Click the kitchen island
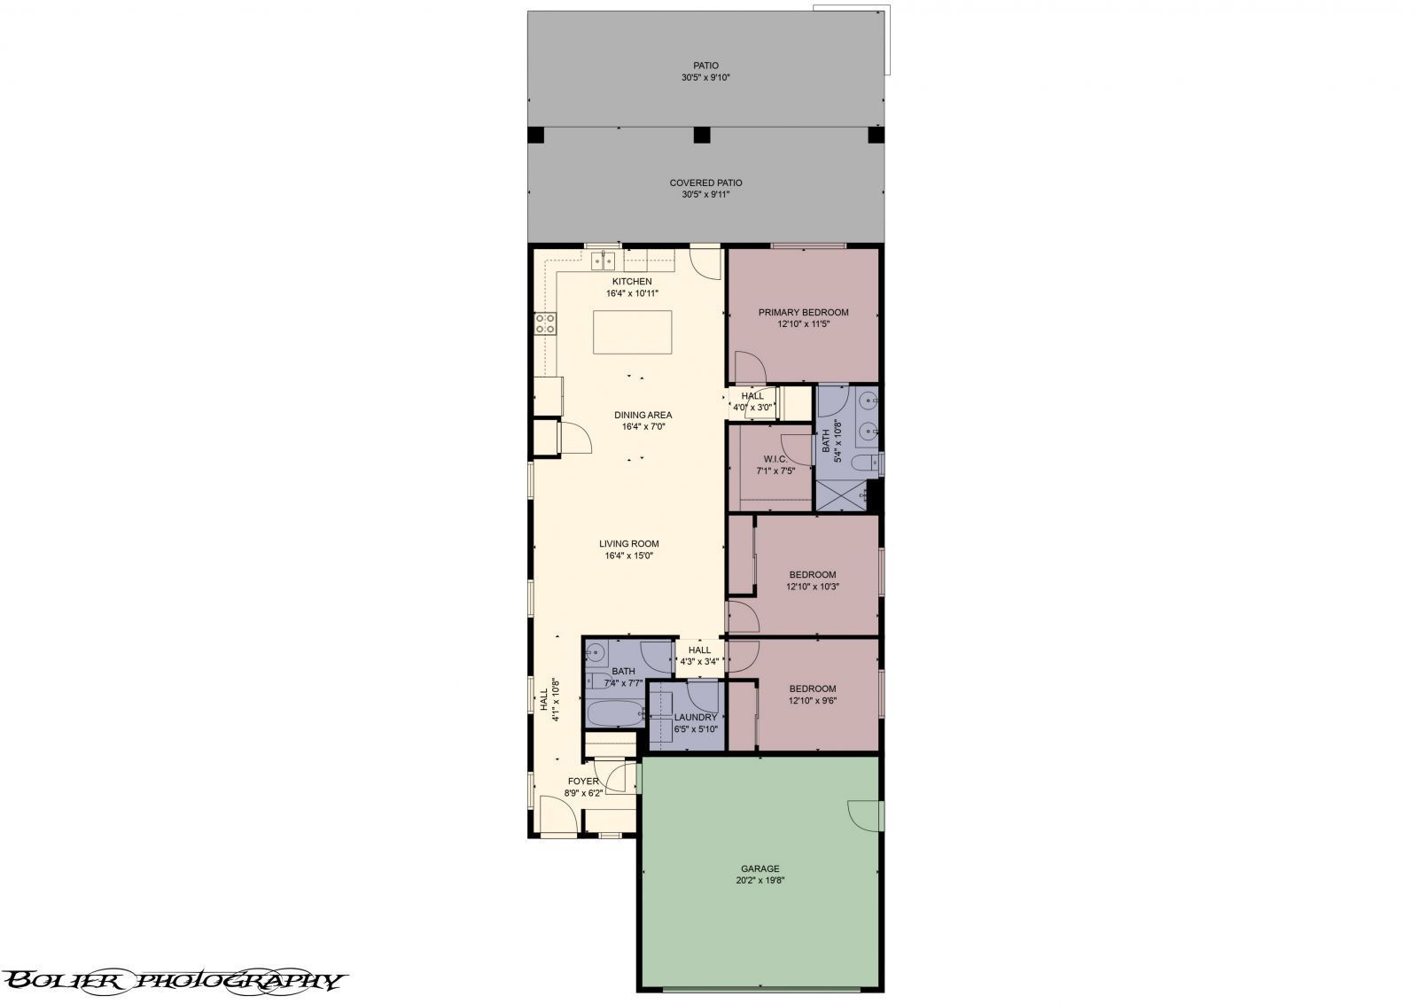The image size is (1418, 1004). pos(632,332)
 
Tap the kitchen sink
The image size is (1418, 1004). pos(604,261)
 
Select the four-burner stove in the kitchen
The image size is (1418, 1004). pos(545,323)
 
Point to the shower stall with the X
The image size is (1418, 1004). pos(840,495)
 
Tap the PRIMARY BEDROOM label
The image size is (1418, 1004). pos(803,313)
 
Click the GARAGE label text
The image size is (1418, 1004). pos(760,868)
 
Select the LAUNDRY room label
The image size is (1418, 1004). pos(696,718)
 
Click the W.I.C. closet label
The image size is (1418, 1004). pos(775,459)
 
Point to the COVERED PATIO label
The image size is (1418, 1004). pos(705,183)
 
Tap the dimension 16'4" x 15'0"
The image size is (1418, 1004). pos(629,556)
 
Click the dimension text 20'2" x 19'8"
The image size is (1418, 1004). pos(760,881)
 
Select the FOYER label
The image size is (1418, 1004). pos(584,781)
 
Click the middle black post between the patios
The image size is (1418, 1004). pos(702,136)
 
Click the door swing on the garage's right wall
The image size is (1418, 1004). pos(864,814)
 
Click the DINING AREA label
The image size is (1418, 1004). pos(643,415)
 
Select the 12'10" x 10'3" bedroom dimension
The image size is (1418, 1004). pos(812,587)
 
